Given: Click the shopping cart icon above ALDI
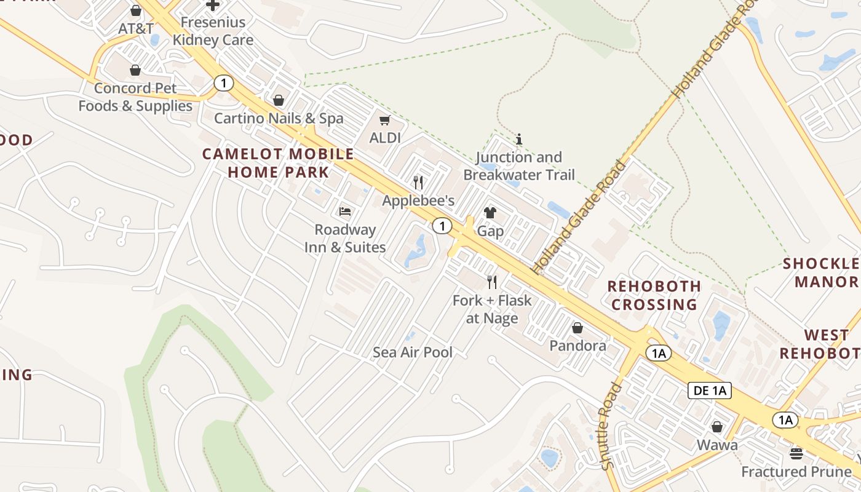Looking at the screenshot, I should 385,120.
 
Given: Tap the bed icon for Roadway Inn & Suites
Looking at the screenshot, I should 345,212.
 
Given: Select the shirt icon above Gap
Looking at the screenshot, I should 490,213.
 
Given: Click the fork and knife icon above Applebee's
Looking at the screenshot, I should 418,182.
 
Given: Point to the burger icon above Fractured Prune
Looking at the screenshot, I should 796,454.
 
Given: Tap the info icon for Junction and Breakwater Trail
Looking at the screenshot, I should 519,139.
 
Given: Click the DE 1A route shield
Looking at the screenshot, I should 709,390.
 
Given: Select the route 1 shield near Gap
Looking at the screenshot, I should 442,226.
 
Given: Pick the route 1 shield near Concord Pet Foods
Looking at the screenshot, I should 224,82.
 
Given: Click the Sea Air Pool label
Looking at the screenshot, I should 413,352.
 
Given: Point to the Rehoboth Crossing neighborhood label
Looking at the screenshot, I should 654,295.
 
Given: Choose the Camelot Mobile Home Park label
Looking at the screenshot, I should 279,163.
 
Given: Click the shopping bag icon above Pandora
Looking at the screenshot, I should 577,328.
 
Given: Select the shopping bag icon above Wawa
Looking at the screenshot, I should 717,427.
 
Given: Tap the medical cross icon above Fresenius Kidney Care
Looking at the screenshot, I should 213,5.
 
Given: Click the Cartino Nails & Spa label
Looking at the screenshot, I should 279,118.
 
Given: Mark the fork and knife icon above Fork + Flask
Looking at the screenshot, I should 492,282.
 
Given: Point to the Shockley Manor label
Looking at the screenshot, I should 821,273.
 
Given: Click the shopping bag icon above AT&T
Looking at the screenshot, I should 136,10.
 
